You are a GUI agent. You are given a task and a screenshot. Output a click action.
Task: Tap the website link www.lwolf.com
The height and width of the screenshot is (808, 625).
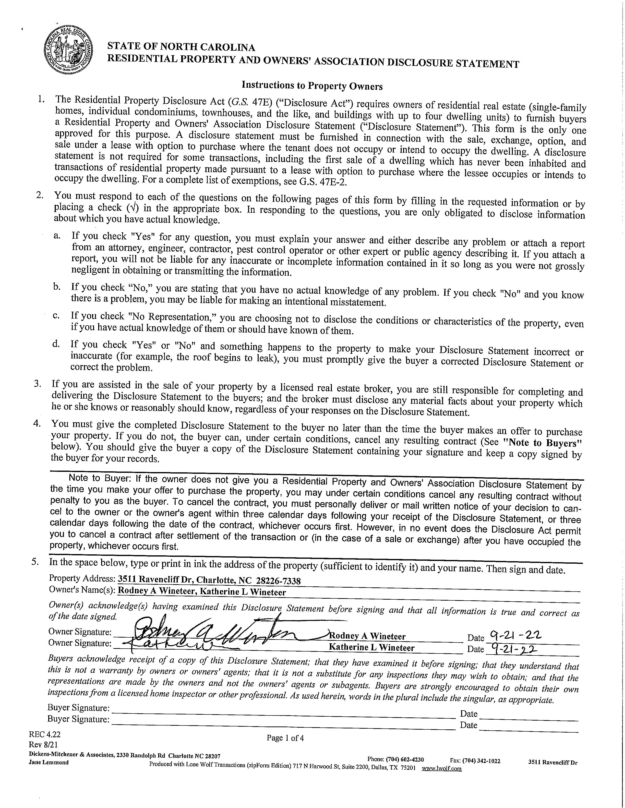442,769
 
